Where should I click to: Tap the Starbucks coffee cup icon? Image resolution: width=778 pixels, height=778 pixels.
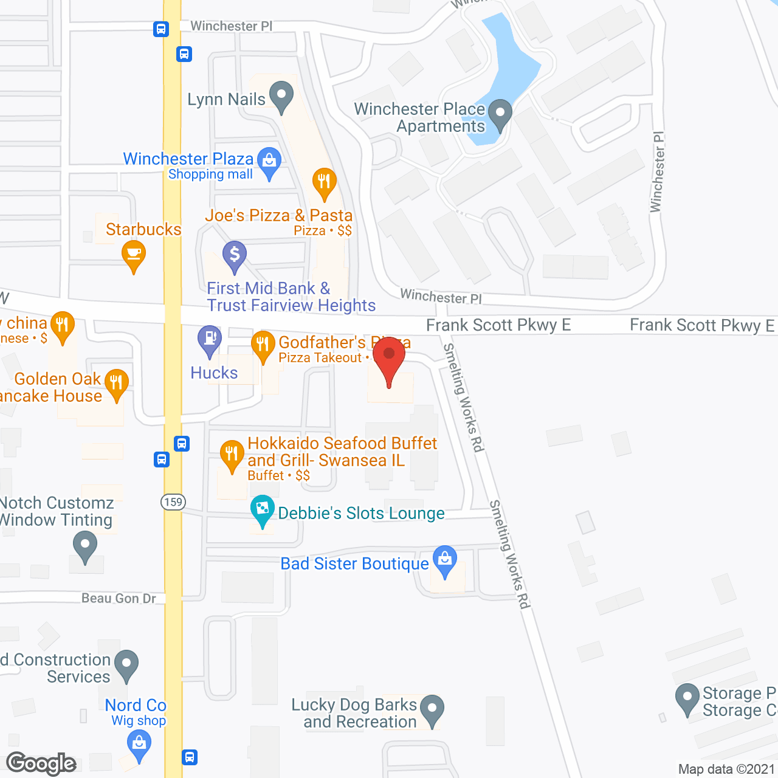coord(134,254)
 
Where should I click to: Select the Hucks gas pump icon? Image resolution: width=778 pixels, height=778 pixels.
coord(210,339)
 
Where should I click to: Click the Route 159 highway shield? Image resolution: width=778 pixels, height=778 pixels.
coord(173,502)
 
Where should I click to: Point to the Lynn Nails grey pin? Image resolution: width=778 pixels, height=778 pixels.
coord(281,96)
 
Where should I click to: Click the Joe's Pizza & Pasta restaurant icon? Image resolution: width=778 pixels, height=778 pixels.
coord(324,182)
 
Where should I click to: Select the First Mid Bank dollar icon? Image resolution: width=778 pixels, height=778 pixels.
coord(234,255)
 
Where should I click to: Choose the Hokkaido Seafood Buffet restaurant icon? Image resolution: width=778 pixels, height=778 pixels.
coord(232,454)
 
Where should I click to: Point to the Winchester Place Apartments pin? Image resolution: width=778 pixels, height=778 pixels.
coord(500,114)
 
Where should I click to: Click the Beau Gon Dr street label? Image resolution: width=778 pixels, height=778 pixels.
coord(119,599)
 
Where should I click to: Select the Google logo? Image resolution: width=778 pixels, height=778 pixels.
coord(41,763)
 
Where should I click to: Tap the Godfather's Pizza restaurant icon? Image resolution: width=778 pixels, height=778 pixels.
coord(263,345)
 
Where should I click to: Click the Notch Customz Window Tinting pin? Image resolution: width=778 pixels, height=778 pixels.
coord(85,545)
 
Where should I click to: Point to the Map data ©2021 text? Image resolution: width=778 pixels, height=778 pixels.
coord(726,769)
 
